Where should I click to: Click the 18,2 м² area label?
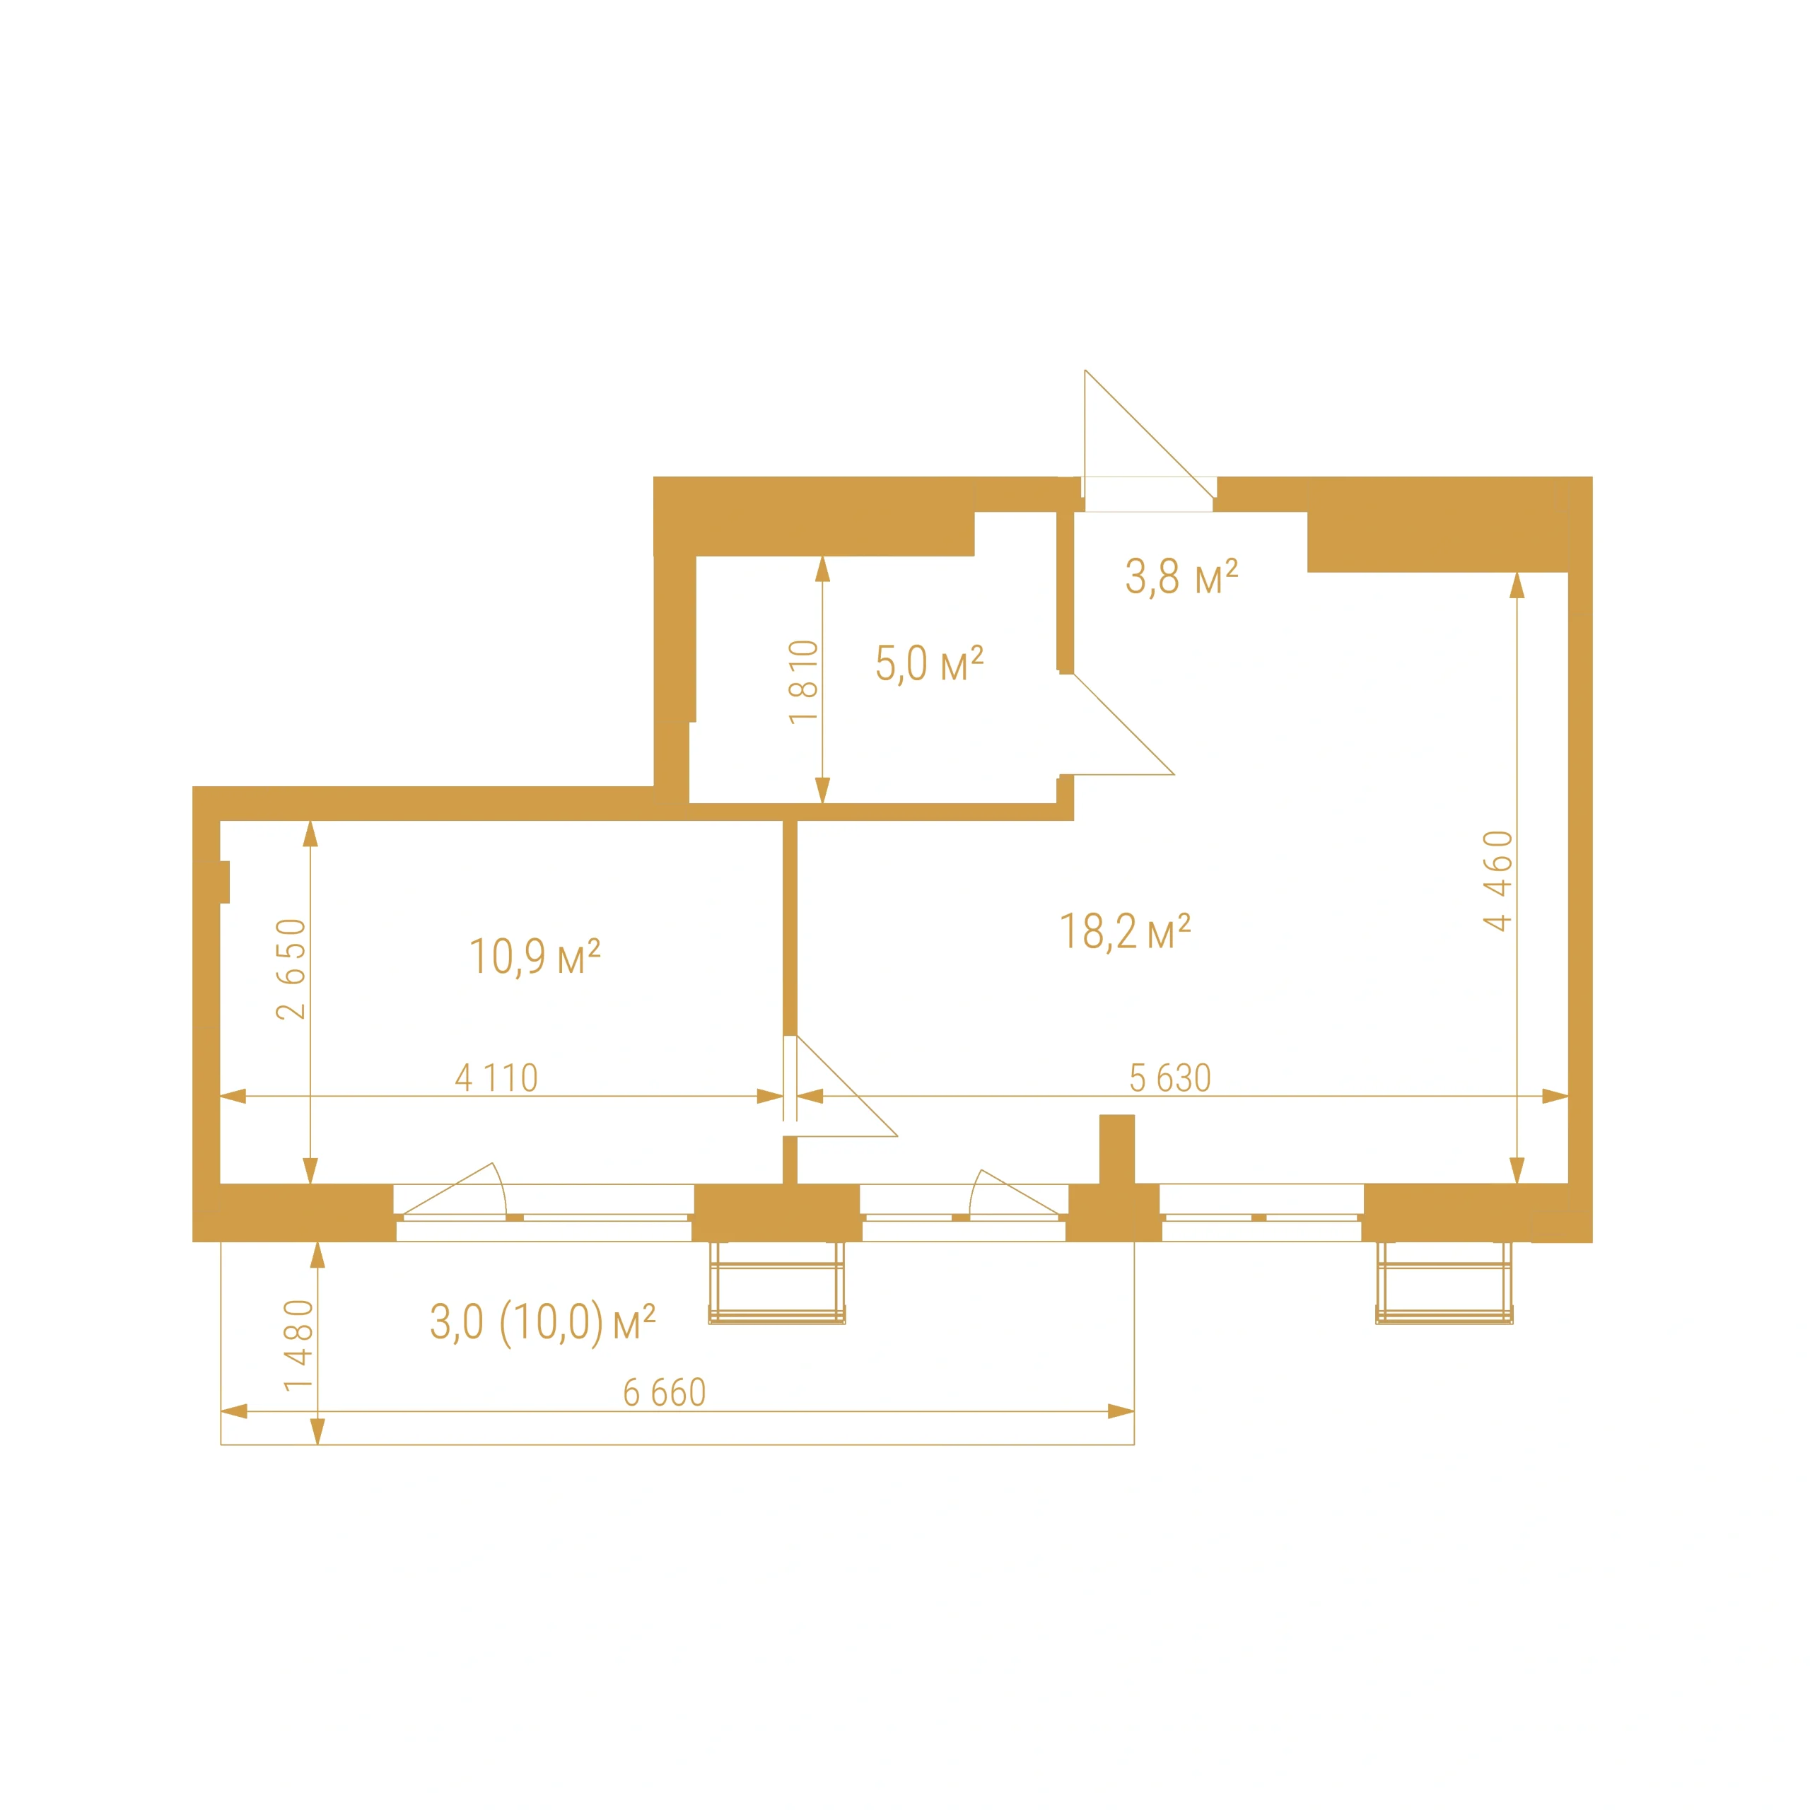[1124, 932]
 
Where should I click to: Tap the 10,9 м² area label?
[534, 957]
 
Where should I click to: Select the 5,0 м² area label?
[929, 663]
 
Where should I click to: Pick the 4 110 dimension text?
[496, 1078]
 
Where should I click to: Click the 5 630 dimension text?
[1170, 1078]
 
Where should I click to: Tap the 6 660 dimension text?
[664, 1393]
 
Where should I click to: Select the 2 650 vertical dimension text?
[291, 969]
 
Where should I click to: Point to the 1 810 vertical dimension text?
[804, 681]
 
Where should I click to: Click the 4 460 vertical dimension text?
[1498, 881]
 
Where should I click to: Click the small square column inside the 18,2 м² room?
[1116, 1149]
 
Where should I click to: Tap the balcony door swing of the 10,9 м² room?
[455, 1190]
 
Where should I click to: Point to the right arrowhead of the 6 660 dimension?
[1121, 1411]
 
